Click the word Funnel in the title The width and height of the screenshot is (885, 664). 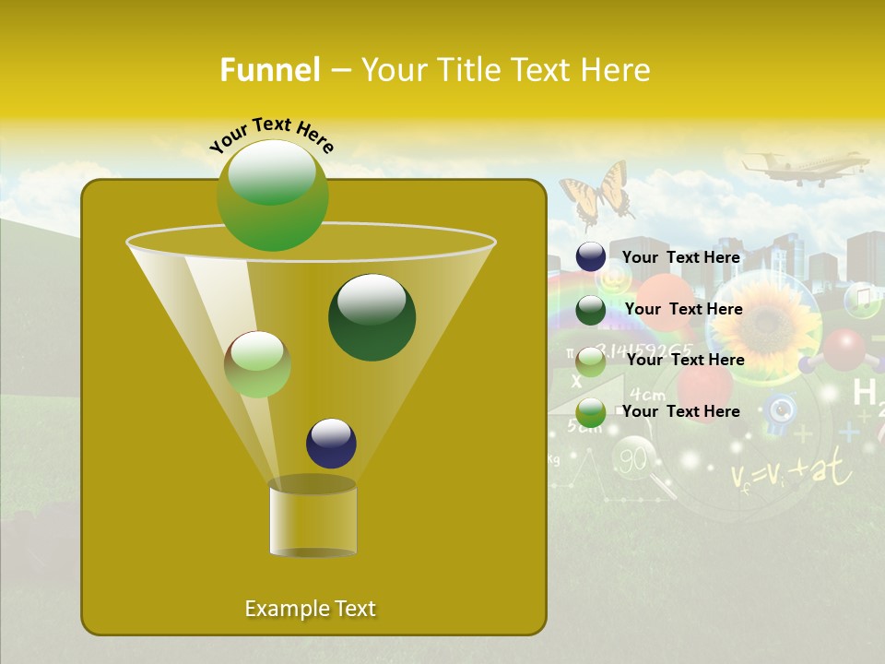pyautogui.click(x=269, y=70)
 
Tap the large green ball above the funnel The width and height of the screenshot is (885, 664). pyautogui.click(x=272, y=195)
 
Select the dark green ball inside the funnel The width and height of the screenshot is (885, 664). pyautogui.click(x=372, y=316)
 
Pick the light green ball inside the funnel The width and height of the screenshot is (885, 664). pyautogui.click(x=257, y=364)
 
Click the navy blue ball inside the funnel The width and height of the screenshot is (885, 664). pyautogui.click(x=331, y=443)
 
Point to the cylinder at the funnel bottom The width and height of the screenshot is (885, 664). pyautogui.click(x=313, y=518)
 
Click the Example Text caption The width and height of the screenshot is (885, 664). pyautogui.click(x=310, y=609)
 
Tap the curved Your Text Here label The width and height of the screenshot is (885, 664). pyautogui.click(x=272, y=133)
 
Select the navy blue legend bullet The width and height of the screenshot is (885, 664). pyautogui.click(x=591, y=257)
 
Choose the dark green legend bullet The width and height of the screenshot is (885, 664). pyautogui.click(x=591, y=310)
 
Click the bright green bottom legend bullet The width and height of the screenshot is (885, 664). pyautogui.click(x=591, y=412)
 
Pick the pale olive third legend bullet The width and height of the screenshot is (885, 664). pyautogui.click(x=591, y=362)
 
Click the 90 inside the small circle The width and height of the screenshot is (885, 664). pyautogui.click(x=632, y=458)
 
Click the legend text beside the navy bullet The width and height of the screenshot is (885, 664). pyautogui.click(x=680, y=257)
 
